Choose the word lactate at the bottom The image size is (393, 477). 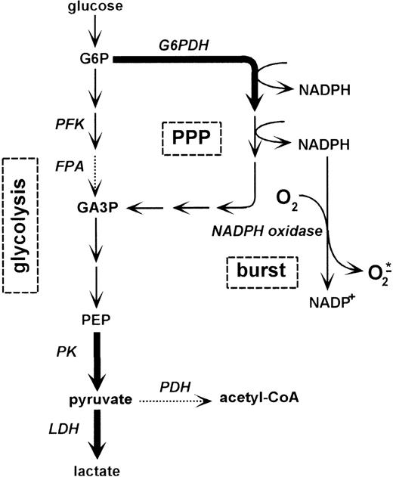pos(96,470)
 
